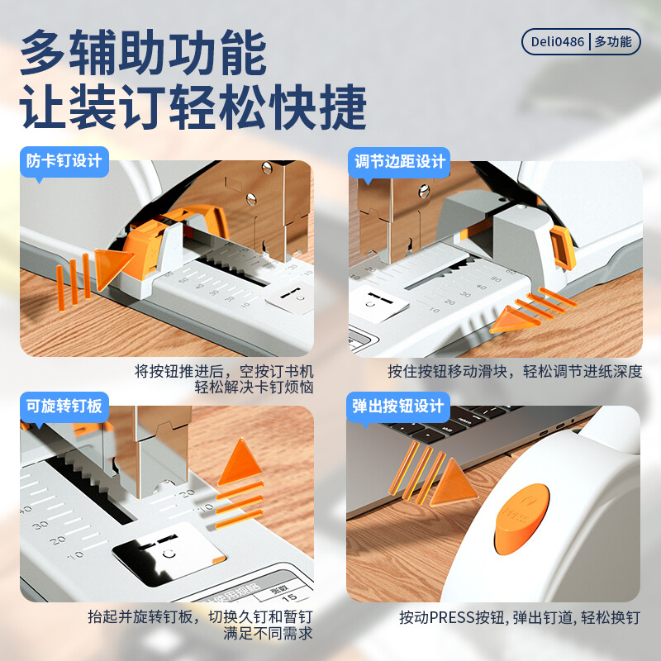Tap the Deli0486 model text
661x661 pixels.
click(557, 42)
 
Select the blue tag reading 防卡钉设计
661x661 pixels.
click(64, 161)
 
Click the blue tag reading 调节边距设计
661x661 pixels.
click(399, 162)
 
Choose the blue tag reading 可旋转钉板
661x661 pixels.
click(64, 407)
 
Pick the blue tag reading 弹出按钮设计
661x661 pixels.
click(398, 407)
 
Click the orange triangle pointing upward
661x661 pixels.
click(240, 463)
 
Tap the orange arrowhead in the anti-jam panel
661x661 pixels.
click(112, 269)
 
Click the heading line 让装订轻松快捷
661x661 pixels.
click(193, 107)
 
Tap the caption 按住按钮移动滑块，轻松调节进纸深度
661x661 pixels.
click(515, 371)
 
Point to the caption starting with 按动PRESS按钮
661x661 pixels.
click(520, 617)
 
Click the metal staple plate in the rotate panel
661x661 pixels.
click(169, 554)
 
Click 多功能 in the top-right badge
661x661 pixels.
click(613, 42)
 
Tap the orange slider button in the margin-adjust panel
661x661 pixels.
click(563, 247)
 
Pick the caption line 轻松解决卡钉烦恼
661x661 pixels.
click(254, 387)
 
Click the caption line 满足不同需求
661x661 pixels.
click(268, 633)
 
